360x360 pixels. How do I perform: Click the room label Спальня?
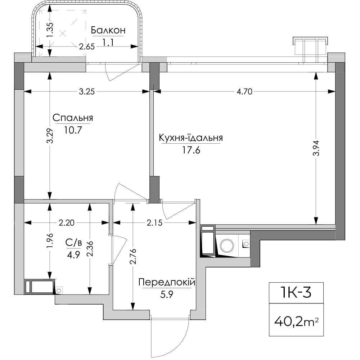[x=73, y=118]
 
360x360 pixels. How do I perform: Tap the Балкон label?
[x=108, y=30]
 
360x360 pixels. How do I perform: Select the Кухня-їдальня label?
[x=191, y=138]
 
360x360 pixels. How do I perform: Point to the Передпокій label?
[x=167, y=282]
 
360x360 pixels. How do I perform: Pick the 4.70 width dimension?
[x=244, y=92]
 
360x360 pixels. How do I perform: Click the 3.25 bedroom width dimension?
[x=87, y=92]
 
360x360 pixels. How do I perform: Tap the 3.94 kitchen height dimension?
[x=316, y=148]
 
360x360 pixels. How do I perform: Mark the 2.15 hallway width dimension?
[x=154, y=223]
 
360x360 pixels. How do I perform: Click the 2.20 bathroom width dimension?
[x=67, y=223]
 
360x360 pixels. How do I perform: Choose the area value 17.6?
[x=191, y=150]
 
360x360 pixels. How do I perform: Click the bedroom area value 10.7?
[x=73, y=130]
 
